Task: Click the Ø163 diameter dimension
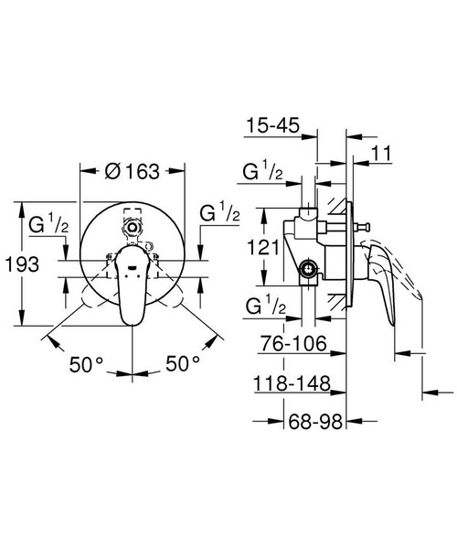133,171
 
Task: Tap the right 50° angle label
183,363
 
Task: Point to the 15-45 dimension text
273,124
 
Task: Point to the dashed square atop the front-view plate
133,221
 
